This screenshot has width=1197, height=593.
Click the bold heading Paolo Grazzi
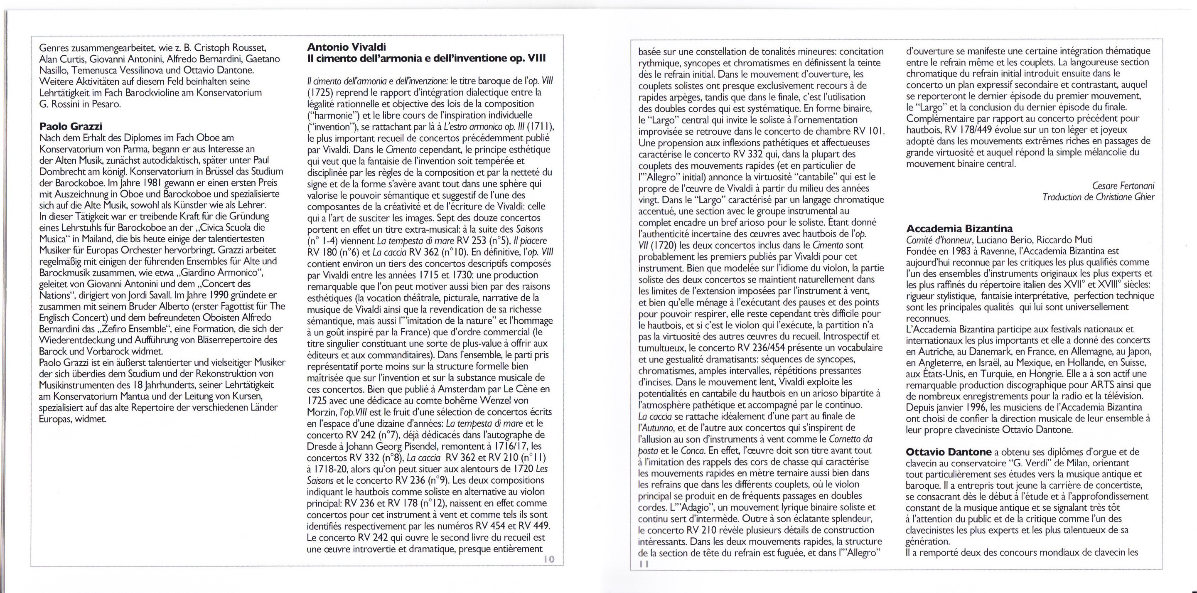click(71, 126)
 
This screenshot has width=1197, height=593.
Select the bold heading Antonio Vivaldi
click(347, 47)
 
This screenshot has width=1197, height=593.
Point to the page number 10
click(549, 559)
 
